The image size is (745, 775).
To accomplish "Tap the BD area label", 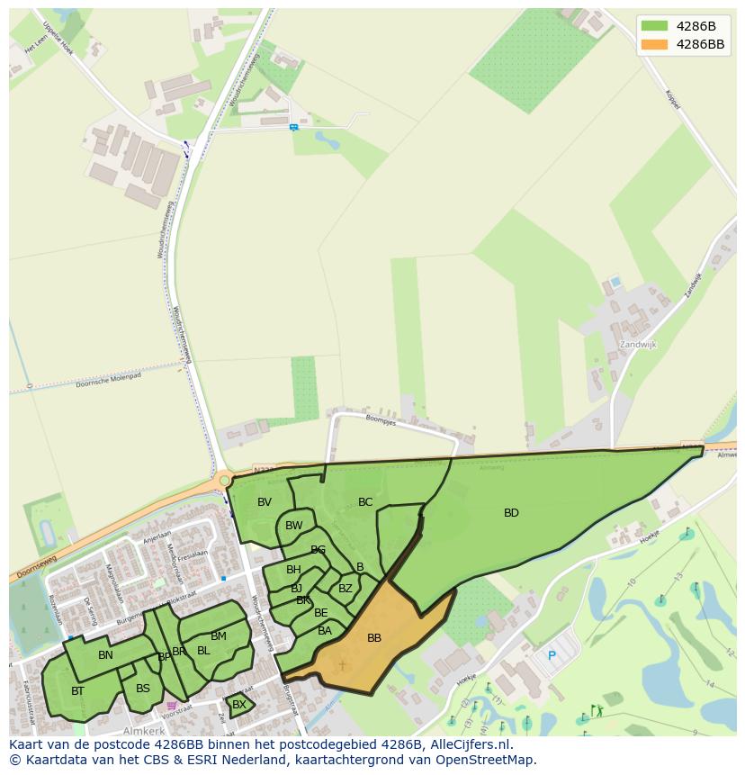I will pos(511,513).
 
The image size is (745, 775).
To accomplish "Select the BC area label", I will pos(365,502).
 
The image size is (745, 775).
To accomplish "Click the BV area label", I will pos(265,502).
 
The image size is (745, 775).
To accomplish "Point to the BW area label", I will pos(294,526).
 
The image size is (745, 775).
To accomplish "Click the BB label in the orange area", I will pos(374,638).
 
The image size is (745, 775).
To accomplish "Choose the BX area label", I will pos(239,705).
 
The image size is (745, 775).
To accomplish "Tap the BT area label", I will pos(77,691).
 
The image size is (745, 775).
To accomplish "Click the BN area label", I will pos(106,655).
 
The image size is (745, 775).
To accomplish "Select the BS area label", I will pos(143,689).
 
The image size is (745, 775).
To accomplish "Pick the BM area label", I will pos(219,636).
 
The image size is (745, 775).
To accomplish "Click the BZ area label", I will pos(346,589).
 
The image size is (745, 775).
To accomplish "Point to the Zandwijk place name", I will pos(639,345).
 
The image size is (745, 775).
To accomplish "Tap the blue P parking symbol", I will pos(552,656).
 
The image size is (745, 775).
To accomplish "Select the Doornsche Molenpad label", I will pos(108,380).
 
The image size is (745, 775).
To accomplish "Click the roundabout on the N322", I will pos(225,481).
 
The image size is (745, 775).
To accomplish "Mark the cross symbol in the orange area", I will pos(342,666).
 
